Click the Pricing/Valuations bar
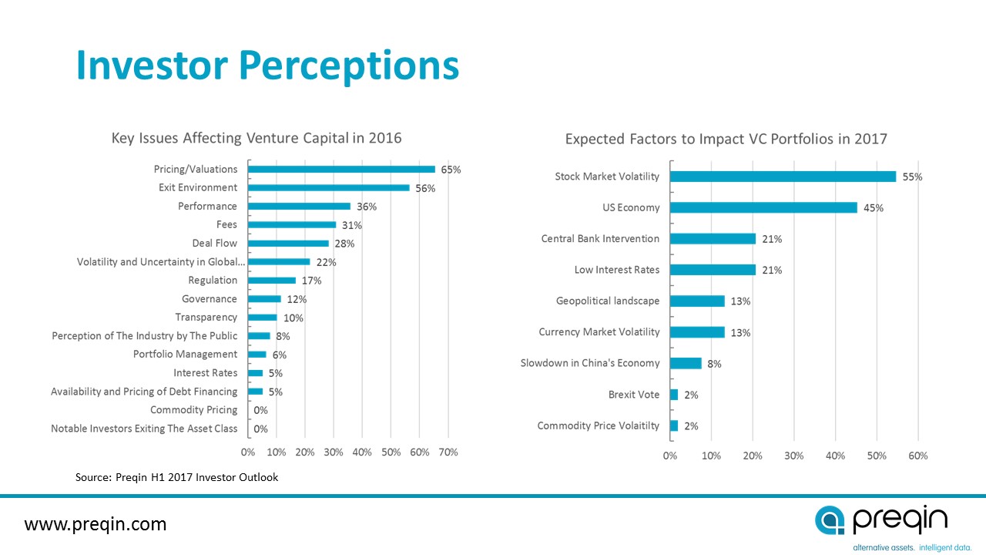tap(341, 169)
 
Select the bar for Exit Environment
tap(329, 187)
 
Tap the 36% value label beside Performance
tap(367, 207)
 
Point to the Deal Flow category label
tap(215, 243)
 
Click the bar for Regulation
tap(272, 280)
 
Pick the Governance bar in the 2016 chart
tap(264, 298)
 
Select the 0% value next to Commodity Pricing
tap(260, 410)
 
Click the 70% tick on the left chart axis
tap(448, 452)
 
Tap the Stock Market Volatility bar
tap(783, 177)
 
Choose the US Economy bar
tap(763, 207)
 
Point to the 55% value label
tap(912, 177)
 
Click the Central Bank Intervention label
tap(600, 239)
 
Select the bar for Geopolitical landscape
tap(697, 301)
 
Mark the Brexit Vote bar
tap(674, 395)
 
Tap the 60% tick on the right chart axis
tap(917, 456)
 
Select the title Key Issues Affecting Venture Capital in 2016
tap(257, 138)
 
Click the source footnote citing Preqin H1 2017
tap(176, 477)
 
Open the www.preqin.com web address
tap(96, 525)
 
